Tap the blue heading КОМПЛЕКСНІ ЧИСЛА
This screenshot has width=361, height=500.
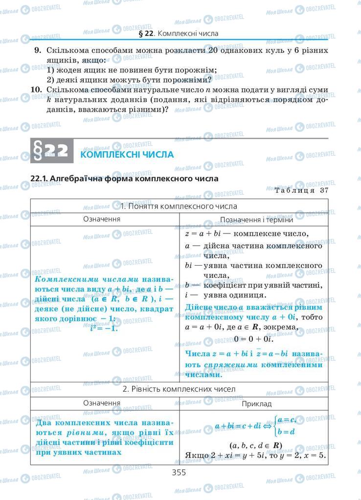127,154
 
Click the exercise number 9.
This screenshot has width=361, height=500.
37,51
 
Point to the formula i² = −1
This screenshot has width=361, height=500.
105,328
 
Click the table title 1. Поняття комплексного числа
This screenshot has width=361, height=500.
179,206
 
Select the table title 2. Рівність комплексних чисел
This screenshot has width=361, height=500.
179,389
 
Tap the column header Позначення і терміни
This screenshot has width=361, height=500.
253,220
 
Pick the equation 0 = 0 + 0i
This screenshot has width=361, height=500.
253,338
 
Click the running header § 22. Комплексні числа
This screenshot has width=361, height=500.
179,33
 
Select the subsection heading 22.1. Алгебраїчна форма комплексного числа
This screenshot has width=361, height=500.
124,179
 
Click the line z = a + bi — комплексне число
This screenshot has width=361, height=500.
247,233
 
